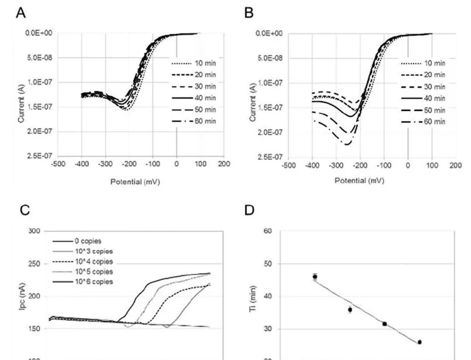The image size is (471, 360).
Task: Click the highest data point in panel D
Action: (x=315, y=277)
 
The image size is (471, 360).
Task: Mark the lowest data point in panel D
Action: (x=420, y=342)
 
